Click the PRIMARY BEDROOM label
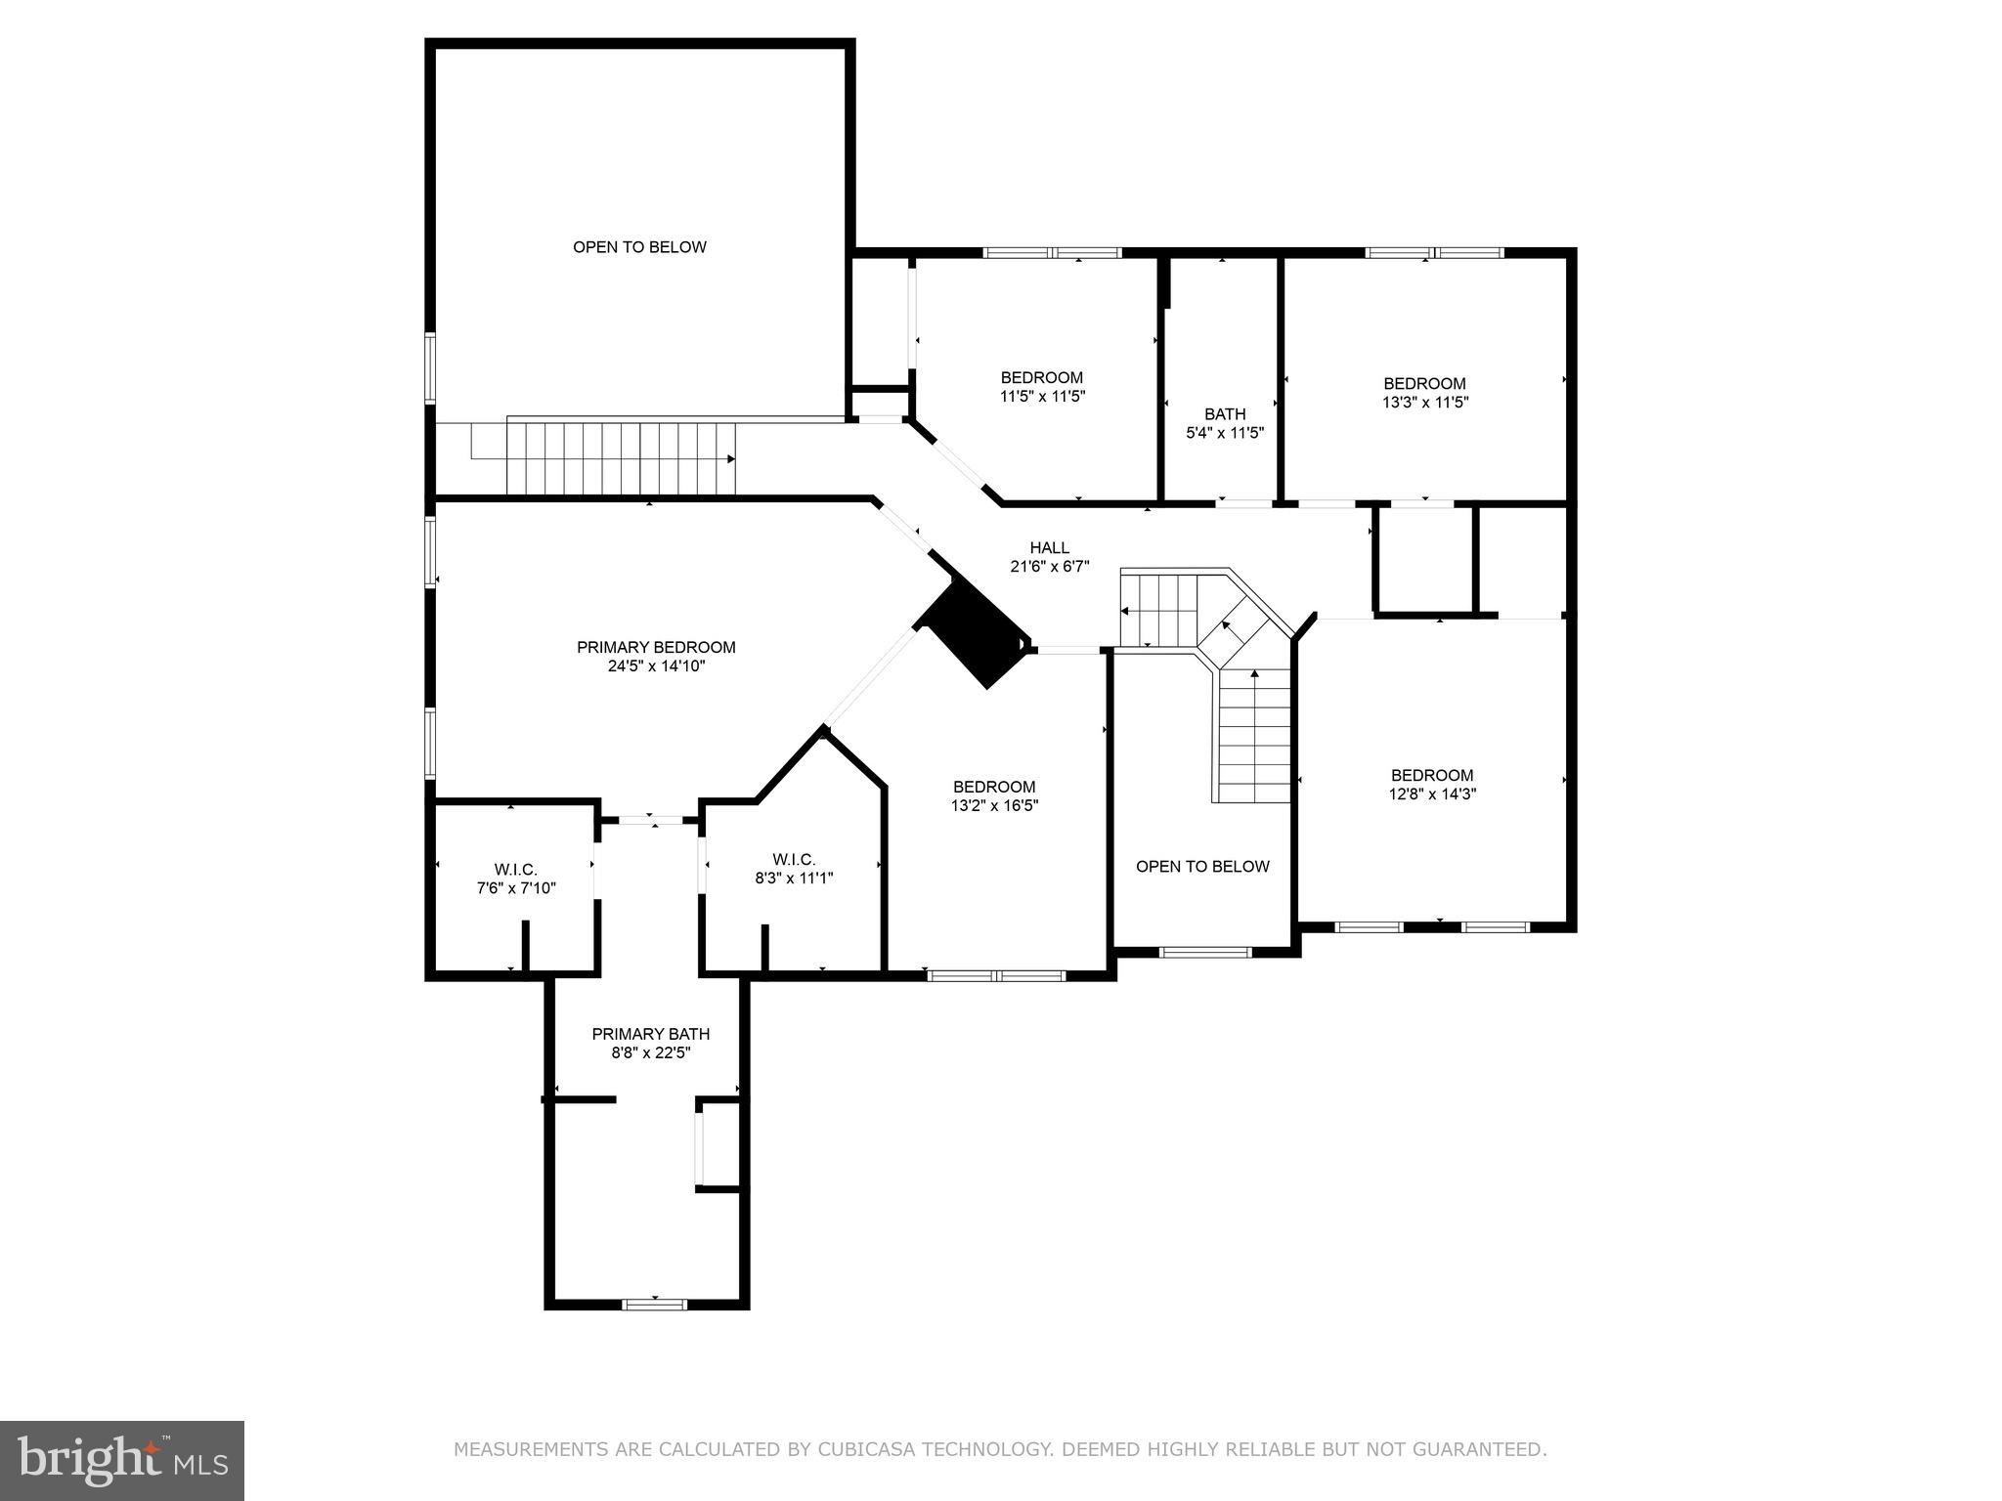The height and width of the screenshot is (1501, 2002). tap(655, 647)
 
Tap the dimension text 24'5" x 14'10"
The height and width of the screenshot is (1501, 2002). tap(655, 666)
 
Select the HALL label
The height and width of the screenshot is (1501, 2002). tap(1049, 548)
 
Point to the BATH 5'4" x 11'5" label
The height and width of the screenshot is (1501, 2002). tap(1225, 423)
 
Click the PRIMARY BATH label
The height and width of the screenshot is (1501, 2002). tap(650, 1034)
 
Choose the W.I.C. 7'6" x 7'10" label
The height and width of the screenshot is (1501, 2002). tap(515, 879)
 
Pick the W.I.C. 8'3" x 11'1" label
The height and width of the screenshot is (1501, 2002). tap(794, 869)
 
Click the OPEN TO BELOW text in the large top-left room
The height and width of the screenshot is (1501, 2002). tap(639, 247)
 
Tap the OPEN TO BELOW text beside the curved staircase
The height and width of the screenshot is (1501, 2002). tap(1202, 866)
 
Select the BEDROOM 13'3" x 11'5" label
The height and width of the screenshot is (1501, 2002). tap(1424, 392)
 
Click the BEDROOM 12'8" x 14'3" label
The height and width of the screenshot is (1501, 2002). tap(1432, 785)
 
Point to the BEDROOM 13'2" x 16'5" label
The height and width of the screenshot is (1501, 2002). tap(994, 795)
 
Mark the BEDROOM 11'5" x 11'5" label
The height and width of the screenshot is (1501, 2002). tap(1041, 387)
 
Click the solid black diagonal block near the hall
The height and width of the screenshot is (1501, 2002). tap(973, 632)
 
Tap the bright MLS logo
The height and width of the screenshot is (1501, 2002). tap(122, 1461)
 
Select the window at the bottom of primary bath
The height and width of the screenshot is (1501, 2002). tap(655, 1304)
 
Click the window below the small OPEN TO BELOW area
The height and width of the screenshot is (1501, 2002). tap(1204, 951)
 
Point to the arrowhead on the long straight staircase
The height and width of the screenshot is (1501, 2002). tap(730, 458)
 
